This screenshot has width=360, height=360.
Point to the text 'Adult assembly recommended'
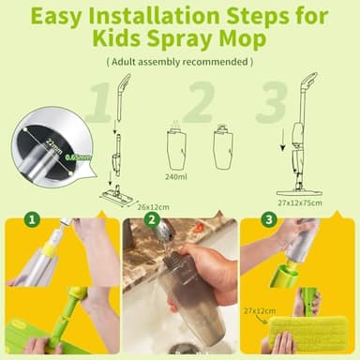click(179, 62)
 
